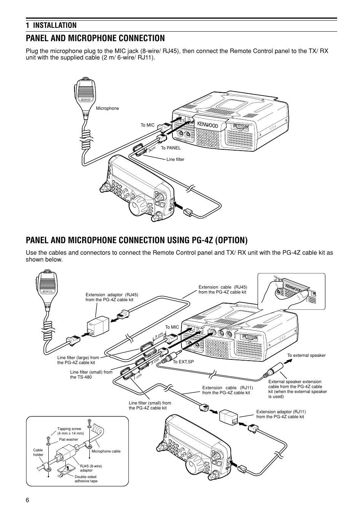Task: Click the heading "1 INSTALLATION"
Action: [51, 25]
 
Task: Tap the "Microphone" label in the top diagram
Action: [107, 109]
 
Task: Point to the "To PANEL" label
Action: [170, 148]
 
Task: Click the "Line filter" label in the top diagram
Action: [175, 159]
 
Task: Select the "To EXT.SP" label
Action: [183, 361]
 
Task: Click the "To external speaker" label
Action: [306, 355]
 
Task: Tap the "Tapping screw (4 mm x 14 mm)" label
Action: [70, 431]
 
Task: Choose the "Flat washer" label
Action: [68, 440]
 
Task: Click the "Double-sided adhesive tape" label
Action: [86, 479]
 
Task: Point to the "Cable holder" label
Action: [38, 452]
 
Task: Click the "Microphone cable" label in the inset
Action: [106, 451]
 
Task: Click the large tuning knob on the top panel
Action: [136, 207]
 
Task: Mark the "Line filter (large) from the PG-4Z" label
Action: [78, 360]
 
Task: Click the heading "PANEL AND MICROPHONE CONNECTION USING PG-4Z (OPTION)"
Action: [137, 240]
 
